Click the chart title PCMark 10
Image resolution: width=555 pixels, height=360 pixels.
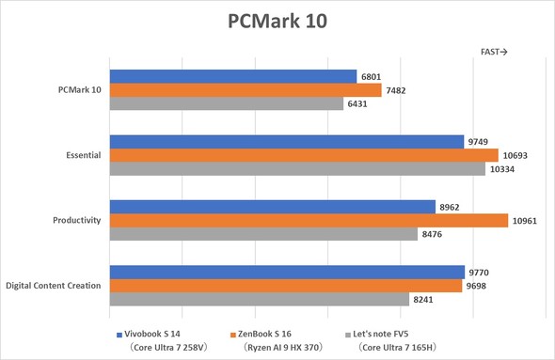pyautogui.click(x=277, y=21)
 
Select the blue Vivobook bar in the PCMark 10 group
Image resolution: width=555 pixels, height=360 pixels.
pyautogui.click(x=233, y=77)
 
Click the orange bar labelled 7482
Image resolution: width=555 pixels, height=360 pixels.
pyautogui.click(x=246, y=90)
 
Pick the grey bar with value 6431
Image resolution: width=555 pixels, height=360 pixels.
pyautogui.click(x=227, y=104)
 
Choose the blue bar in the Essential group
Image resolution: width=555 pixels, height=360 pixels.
pyautogui.click(x=287, y=142)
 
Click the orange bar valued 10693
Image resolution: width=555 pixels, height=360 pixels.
pyautogui.click(x=304, y=155)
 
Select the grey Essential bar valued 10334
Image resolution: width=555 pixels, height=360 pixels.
pyautogui.click(x=297, y=168)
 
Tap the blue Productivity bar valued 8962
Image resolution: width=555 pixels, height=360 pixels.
pyautogui.click(x=273, y=207)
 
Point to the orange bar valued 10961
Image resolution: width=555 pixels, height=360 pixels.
pyautogui.click(x=309, y=220)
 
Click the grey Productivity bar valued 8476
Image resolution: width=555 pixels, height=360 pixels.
pyautogui.click(x=263, y=234)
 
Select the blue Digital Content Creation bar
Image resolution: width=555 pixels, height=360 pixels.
pyautogui.click(x=287, y=272)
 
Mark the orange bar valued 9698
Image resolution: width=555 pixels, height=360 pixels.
pyautogui.click(x=286, y=285)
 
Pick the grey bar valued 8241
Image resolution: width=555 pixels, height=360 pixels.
pyautogui.click(x=260, y=299)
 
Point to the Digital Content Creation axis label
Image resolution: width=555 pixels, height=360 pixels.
pyautogui.click(x=54, y=285)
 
